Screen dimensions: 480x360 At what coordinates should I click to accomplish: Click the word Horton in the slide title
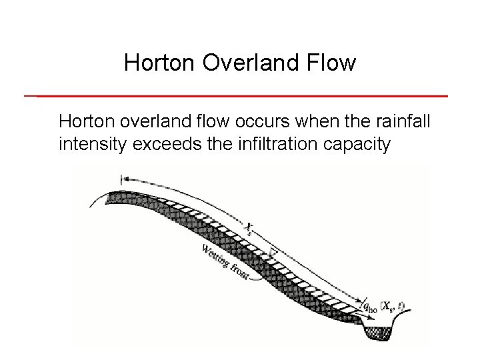click(153, 63)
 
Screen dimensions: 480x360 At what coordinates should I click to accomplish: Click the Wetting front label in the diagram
click(225, 261)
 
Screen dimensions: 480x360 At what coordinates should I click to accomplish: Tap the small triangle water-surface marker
click(274, 253)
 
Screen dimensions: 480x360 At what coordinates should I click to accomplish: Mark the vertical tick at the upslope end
click(121, 179)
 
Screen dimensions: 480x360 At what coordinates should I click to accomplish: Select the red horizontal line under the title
click(240, 96)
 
